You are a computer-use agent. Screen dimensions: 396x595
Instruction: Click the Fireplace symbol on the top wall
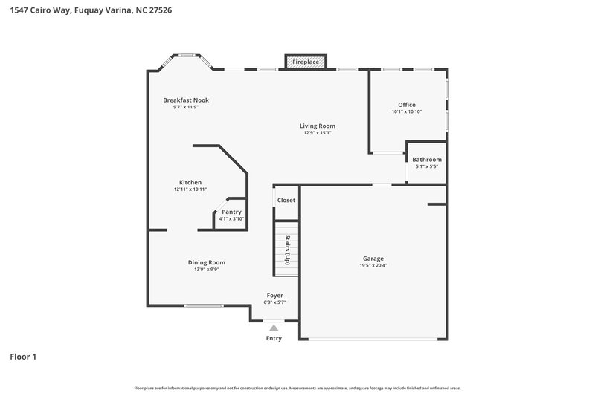tap(306, 62)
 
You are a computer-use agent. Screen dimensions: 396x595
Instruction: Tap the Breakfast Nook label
tap(186, 100)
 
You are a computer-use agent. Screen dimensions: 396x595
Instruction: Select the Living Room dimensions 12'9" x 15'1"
tap(318, 134)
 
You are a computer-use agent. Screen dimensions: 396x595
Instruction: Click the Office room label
tap(406, 105)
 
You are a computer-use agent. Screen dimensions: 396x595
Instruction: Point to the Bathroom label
tap(427, 160)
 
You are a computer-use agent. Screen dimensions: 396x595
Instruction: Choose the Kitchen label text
tap(190, 182)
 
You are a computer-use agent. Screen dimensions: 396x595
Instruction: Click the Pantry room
tap(231, 215)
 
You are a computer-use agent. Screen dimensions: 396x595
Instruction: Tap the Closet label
tap(286, 201)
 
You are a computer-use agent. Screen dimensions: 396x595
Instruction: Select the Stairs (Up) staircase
tap(286, 249)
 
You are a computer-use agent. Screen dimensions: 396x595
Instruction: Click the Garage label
tap(373, 259)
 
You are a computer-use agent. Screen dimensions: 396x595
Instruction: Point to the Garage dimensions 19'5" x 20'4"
tap(373, 266)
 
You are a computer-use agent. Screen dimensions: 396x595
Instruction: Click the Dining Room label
tap(206, 262)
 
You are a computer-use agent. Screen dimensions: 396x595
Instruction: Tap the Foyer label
tap(274, 296)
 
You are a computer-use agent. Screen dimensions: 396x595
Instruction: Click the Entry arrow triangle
tap(274, 327)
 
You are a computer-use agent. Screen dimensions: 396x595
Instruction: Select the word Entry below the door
tap(274, 339)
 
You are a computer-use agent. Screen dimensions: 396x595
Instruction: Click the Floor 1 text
tap(23, 357)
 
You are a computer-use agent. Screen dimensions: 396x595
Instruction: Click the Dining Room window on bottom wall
tap(204, 305)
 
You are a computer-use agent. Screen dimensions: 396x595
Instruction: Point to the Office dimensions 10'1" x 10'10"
tap(406, 112)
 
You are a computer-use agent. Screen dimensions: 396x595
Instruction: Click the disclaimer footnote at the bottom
tap(297, 388)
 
